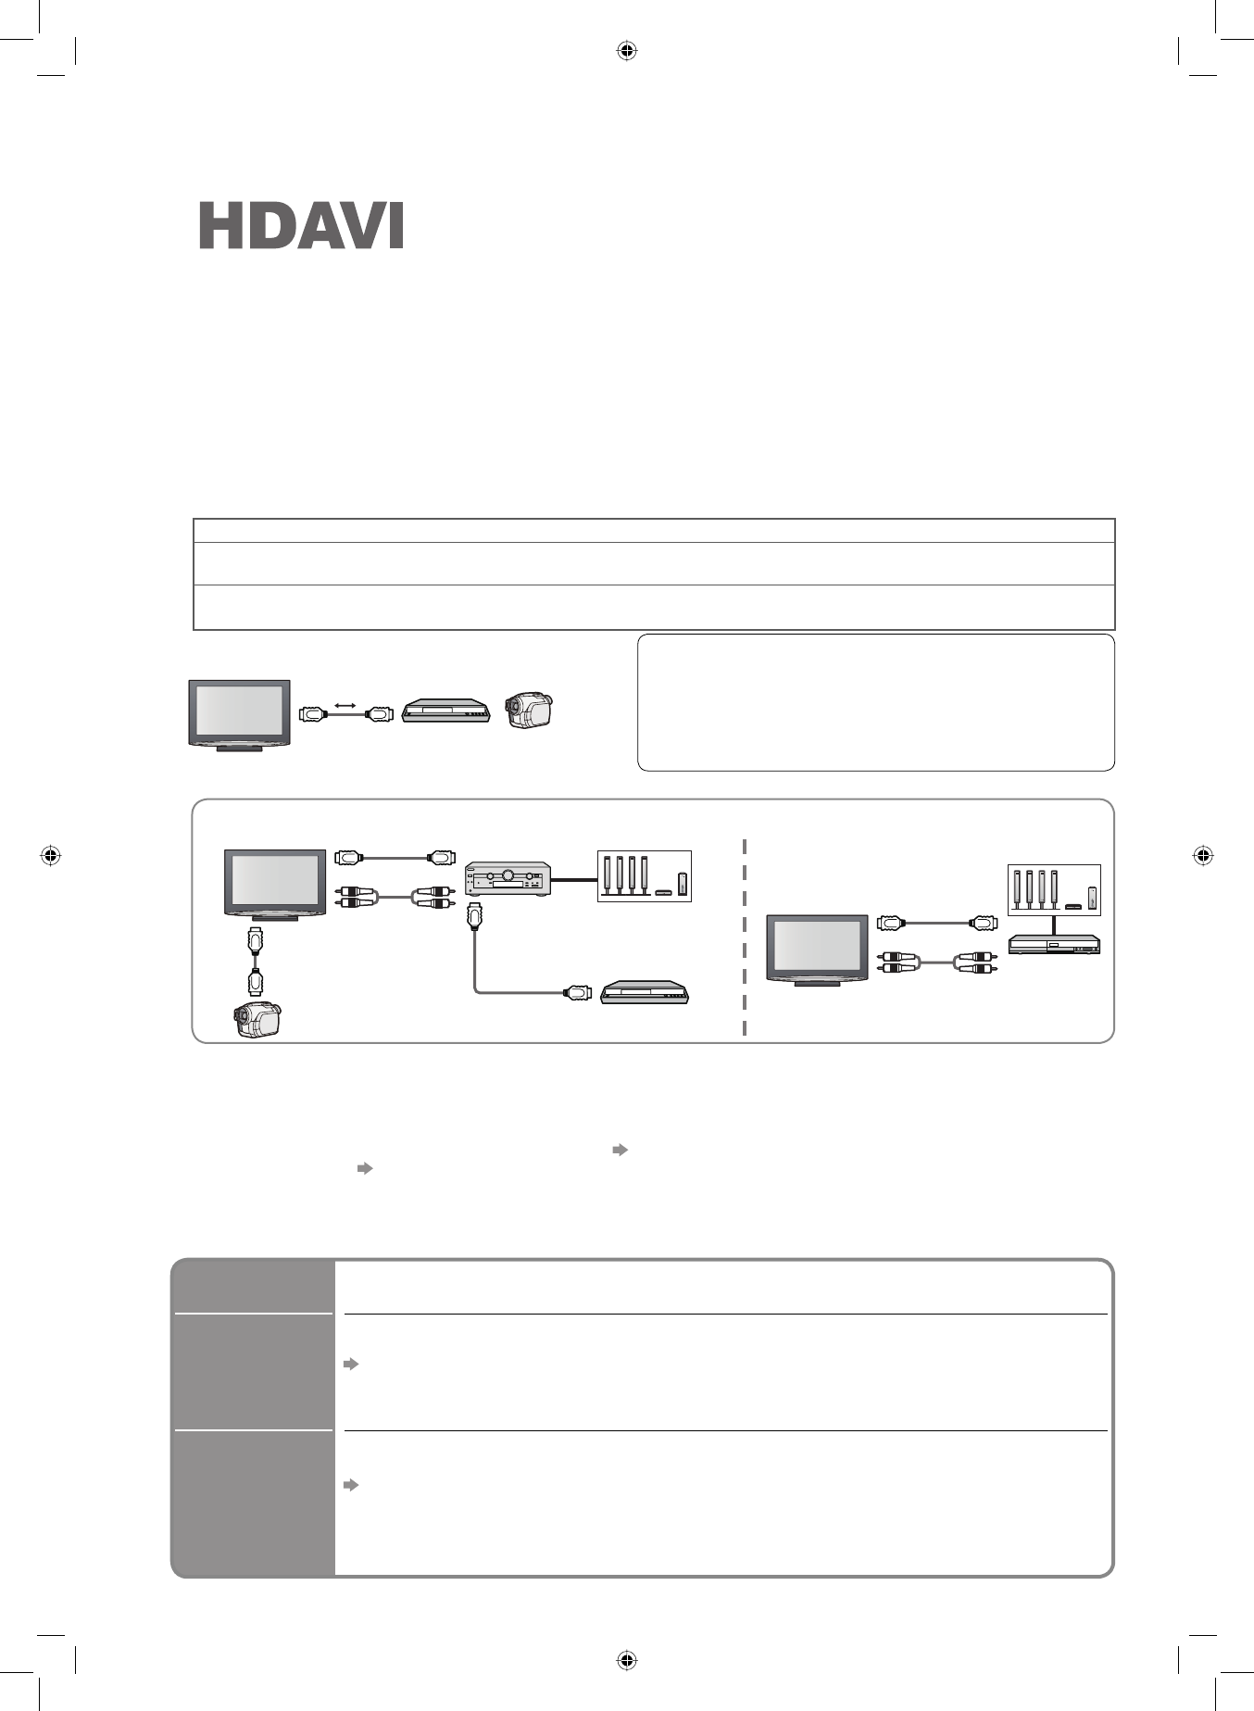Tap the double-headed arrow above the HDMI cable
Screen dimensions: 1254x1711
point(345,706)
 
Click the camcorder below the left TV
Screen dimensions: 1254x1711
point(257,1020)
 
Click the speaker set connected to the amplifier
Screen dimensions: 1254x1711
point(644,875)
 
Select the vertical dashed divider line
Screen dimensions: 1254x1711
point(745,936)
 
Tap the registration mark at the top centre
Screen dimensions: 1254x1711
point(627,51)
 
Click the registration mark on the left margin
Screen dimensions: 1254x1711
point(51,855)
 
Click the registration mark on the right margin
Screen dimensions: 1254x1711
point(1202,855)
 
